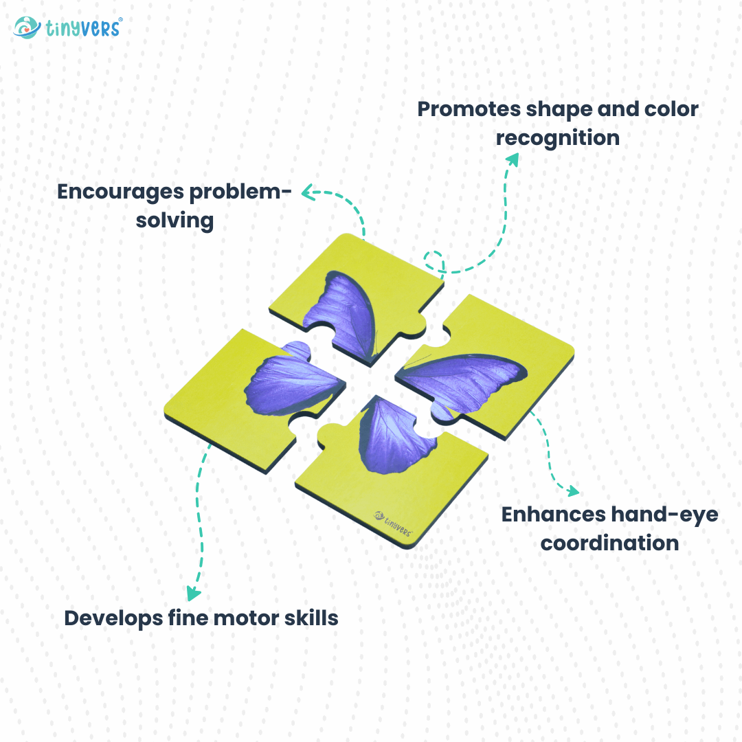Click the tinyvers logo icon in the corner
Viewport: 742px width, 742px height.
(x=27, y=27)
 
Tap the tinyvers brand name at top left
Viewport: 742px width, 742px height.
(x=84, y=28)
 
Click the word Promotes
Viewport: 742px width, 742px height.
(x=469, y=109)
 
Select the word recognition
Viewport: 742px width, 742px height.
(x=557, y=138)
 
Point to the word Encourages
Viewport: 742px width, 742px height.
(x=121, y=192)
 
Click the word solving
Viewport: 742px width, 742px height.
(x=175, y=221)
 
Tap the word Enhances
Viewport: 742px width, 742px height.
(x=554, y=515)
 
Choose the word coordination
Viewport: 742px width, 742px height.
(x=609, y=543)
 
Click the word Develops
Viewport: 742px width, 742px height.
(x=113, y=619)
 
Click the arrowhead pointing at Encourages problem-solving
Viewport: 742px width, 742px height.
(x=308, y=192)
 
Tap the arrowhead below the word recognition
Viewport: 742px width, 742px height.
(x=513, y=159)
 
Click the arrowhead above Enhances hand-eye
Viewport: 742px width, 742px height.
(x=573, y=491)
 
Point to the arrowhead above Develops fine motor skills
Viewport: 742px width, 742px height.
(x=193, y=593)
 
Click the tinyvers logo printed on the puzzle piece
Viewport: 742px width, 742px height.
(x=393, y=524)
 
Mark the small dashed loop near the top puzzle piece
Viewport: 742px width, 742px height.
(x=433, y=261)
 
